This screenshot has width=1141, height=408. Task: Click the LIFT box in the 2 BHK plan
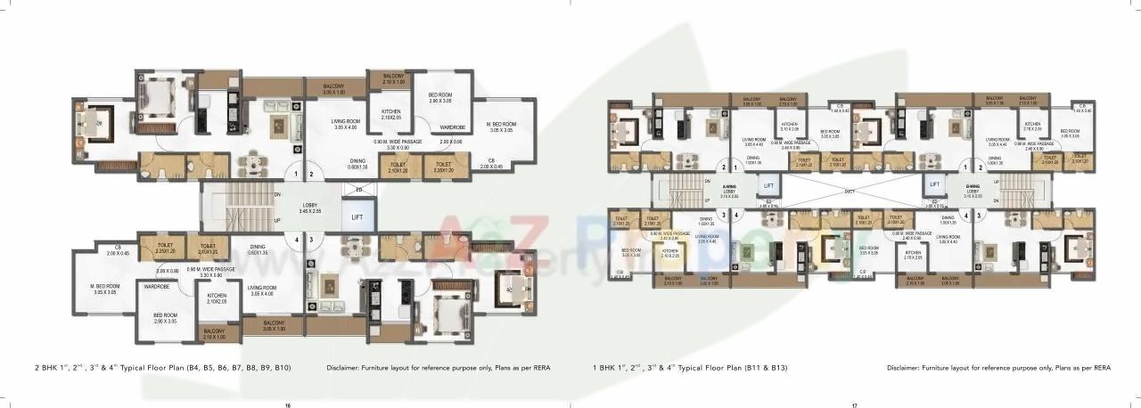point(357,216)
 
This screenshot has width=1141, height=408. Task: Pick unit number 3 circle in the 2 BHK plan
point(311,239)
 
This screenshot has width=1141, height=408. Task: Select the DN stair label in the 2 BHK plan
point(278,193)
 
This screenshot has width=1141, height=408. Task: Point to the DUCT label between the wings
point(850,190)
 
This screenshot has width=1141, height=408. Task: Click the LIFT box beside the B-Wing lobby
point(933,184)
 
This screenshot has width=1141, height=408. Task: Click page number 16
point(287,404)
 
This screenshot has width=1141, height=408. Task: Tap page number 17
point(853,404)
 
